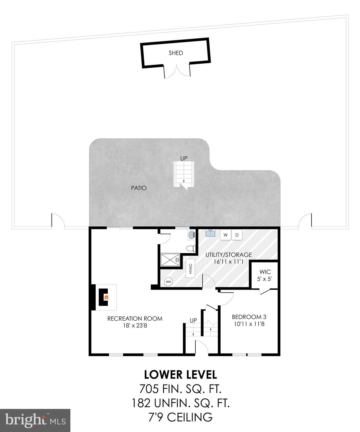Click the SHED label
176,53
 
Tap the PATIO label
139,188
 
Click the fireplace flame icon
106,297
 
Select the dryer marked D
237,235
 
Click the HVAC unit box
191,268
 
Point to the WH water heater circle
168,282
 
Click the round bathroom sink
192,235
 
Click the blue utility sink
210,233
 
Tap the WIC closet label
265,272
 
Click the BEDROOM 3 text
249,317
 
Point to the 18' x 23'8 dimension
135,326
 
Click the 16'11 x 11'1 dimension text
228,262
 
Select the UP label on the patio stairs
184,158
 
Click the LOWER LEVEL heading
180,375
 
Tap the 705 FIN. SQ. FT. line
180,389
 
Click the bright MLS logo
35,420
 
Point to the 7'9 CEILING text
180,417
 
